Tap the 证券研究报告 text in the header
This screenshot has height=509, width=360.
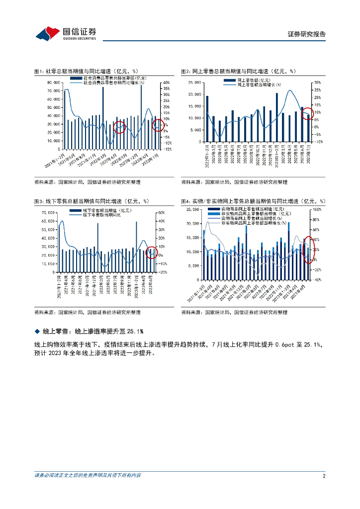tap(307, 34)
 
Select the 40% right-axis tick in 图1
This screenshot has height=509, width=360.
tap(167, 83)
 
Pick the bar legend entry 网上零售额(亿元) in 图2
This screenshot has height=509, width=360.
tap(254, 80)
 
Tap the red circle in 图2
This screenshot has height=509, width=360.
tap(308, 114)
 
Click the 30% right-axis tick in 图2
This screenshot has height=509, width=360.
tap(317, 83)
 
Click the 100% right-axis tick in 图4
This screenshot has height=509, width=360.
tap(317, 210)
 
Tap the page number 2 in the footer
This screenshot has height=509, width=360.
tap(324, 476)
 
